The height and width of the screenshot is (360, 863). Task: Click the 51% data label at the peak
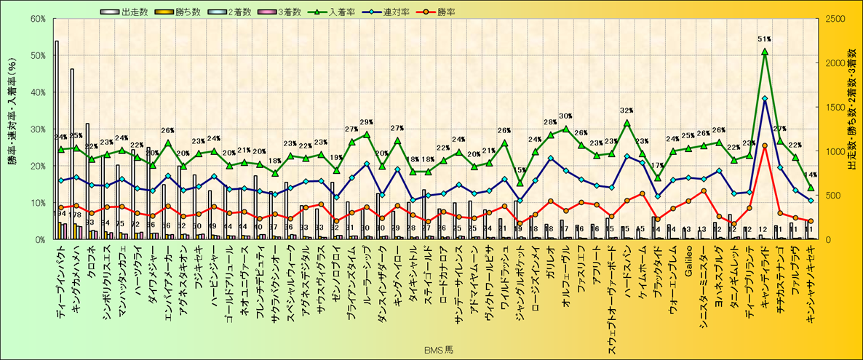tap(764, 39)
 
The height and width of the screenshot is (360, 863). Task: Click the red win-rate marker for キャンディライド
tap(764, 145)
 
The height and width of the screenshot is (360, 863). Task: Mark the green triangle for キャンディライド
tap(764, 52)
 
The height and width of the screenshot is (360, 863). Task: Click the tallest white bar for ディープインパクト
tap(57, 138)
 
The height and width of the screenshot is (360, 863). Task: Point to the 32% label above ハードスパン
tap(627, 111)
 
